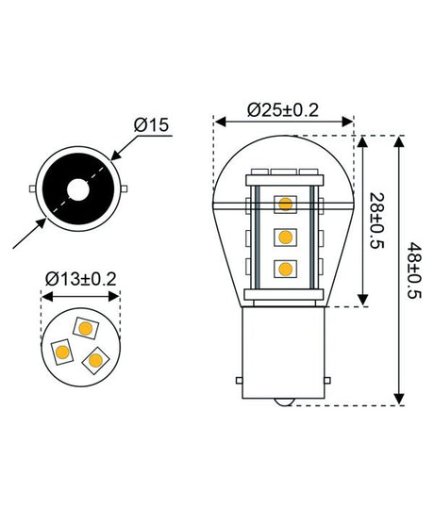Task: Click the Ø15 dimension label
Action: [x=152, y=125]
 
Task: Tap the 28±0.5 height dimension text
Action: [x=378, y=220]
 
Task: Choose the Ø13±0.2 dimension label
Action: [x=81, y=278]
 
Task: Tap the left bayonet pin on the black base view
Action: [x=34, y=189]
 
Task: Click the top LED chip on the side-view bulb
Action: [x=284, y=204]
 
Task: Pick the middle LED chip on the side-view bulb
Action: [x=284, y=236]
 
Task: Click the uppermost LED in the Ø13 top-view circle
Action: [x=86, y=328]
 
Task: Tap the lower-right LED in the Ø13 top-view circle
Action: [x=95, y=359]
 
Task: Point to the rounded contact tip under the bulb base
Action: [x=284, y=401]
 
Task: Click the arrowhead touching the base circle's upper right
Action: [x=114, y=156]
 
